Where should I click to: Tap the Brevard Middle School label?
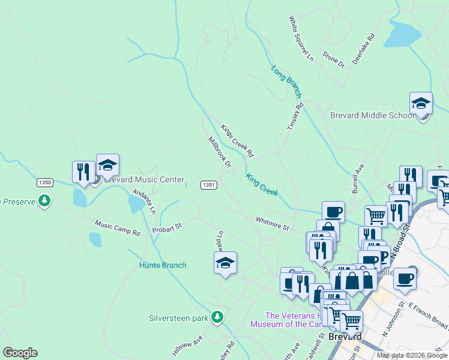pyautogui.click(x=372, y=115)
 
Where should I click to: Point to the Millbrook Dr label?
pyautogui.click(x=219, y=156)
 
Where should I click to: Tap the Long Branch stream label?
pyautogui.click(x=286, y=82)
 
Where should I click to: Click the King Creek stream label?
pyautogui.click(x=261, y=184)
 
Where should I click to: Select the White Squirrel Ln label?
pyautogui.click(x=301, y=39)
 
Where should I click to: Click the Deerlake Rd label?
pyautogui.click(x=363, y=49)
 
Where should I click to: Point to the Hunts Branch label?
pyautogui.click(x=163, y=265)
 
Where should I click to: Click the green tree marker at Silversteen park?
pyautogui.click(x=217, y=316)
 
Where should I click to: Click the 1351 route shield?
pyautogui.click(x=208, y=185)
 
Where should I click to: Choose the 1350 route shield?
pyautogui.click(x=44, y=182)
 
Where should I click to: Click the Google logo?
pyautogui.click(x=20, y=353)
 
